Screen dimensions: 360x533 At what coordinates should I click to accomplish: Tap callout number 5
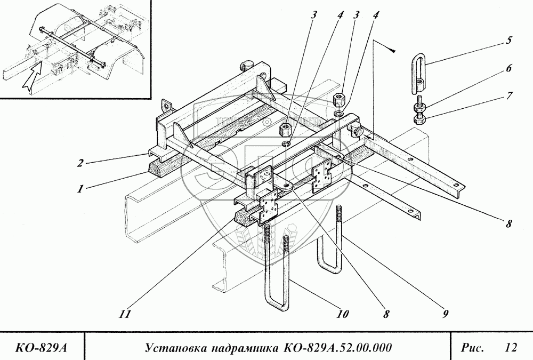[509, 39]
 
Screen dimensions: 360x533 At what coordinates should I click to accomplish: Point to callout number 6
[509, 68]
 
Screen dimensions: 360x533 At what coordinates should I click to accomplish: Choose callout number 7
[509, 97]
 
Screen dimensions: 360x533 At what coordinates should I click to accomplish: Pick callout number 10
[342, 314]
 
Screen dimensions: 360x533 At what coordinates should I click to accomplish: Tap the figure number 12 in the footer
[511, 348]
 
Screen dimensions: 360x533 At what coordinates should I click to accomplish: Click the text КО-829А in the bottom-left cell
[42, 349]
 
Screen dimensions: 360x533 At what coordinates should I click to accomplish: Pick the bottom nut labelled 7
[418, 117]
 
